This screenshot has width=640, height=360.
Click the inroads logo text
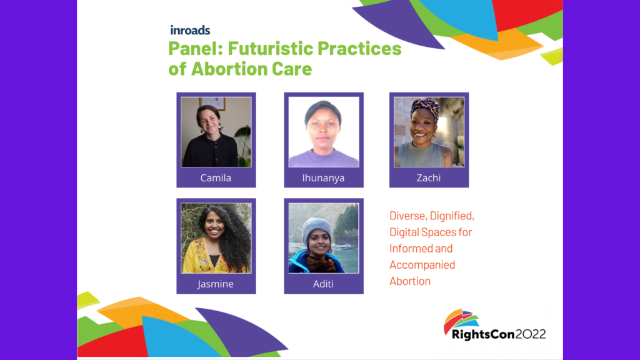(190, 30)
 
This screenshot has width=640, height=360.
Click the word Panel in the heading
(196, 48)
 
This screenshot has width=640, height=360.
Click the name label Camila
(216, 178)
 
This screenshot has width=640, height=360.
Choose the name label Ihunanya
(323, 178)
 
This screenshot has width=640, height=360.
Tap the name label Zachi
(429, 178)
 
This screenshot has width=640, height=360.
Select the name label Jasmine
(216, 284)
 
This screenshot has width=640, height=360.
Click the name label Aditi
(323, 284)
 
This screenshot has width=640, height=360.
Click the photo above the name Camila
(216, 132)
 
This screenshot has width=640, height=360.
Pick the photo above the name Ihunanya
(324, 132)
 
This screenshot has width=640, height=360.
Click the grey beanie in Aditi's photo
(317, 231)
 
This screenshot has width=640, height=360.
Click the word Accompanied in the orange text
(422, 265)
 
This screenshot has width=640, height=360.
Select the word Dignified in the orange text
(452, 216)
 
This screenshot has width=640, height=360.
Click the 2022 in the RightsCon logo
(531, 334)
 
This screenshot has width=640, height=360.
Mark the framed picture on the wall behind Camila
(212, 104)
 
